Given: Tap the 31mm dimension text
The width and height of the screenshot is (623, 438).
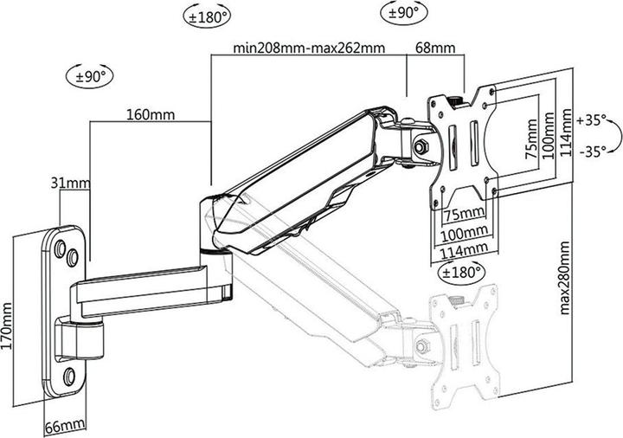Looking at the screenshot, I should pos(67,183).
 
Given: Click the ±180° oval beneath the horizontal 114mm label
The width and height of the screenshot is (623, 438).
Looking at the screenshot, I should pos(457,273).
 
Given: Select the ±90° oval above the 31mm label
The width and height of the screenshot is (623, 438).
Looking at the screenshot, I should pos(89,75).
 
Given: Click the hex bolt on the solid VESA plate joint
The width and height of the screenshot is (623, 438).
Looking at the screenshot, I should pos(423,146).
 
